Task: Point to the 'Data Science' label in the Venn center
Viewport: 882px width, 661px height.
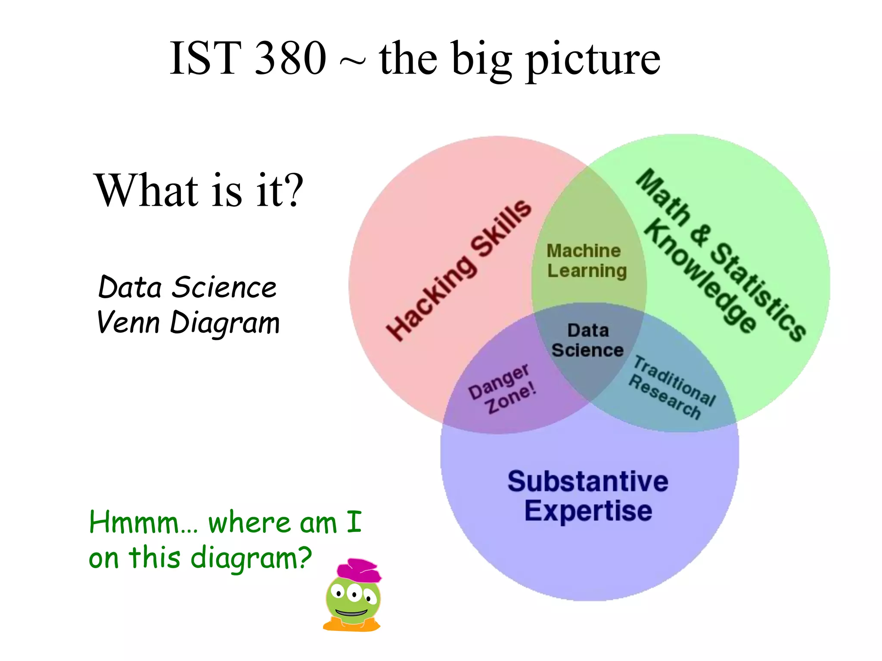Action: click(588, 340)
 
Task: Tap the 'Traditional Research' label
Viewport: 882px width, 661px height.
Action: click(672, 388)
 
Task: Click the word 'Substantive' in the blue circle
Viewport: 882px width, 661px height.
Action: click(588, 481)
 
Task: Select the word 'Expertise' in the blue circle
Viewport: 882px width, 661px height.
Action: click(588, 511)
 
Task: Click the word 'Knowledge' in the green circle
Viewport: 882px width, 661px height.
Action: click(700, 276)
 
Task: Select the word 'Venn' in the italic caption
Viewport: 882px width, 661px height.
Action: click(128, 323)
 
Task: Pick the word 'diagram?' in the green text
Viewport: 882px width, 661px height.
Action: click(251, 558)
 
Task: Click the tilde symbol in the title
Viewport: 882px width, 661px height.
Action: click(352, 62)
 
